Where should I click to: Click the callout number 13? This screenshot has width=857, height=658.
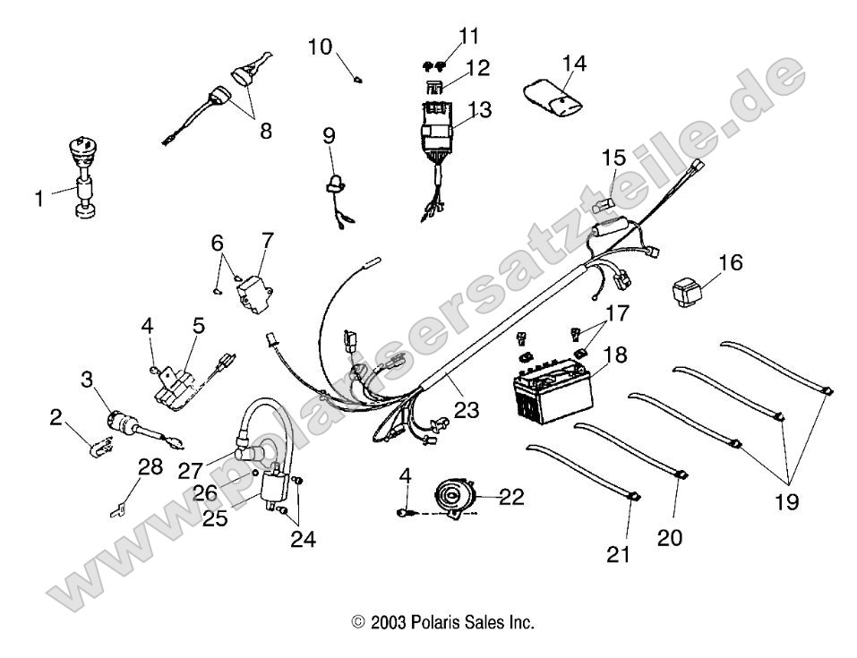480,110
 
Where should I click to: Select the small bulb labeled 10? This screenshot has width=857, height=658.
358,80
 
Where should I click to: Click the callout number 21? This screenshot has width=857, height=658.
619,554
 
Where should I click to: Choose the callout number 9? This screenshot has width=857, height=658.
330,135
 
